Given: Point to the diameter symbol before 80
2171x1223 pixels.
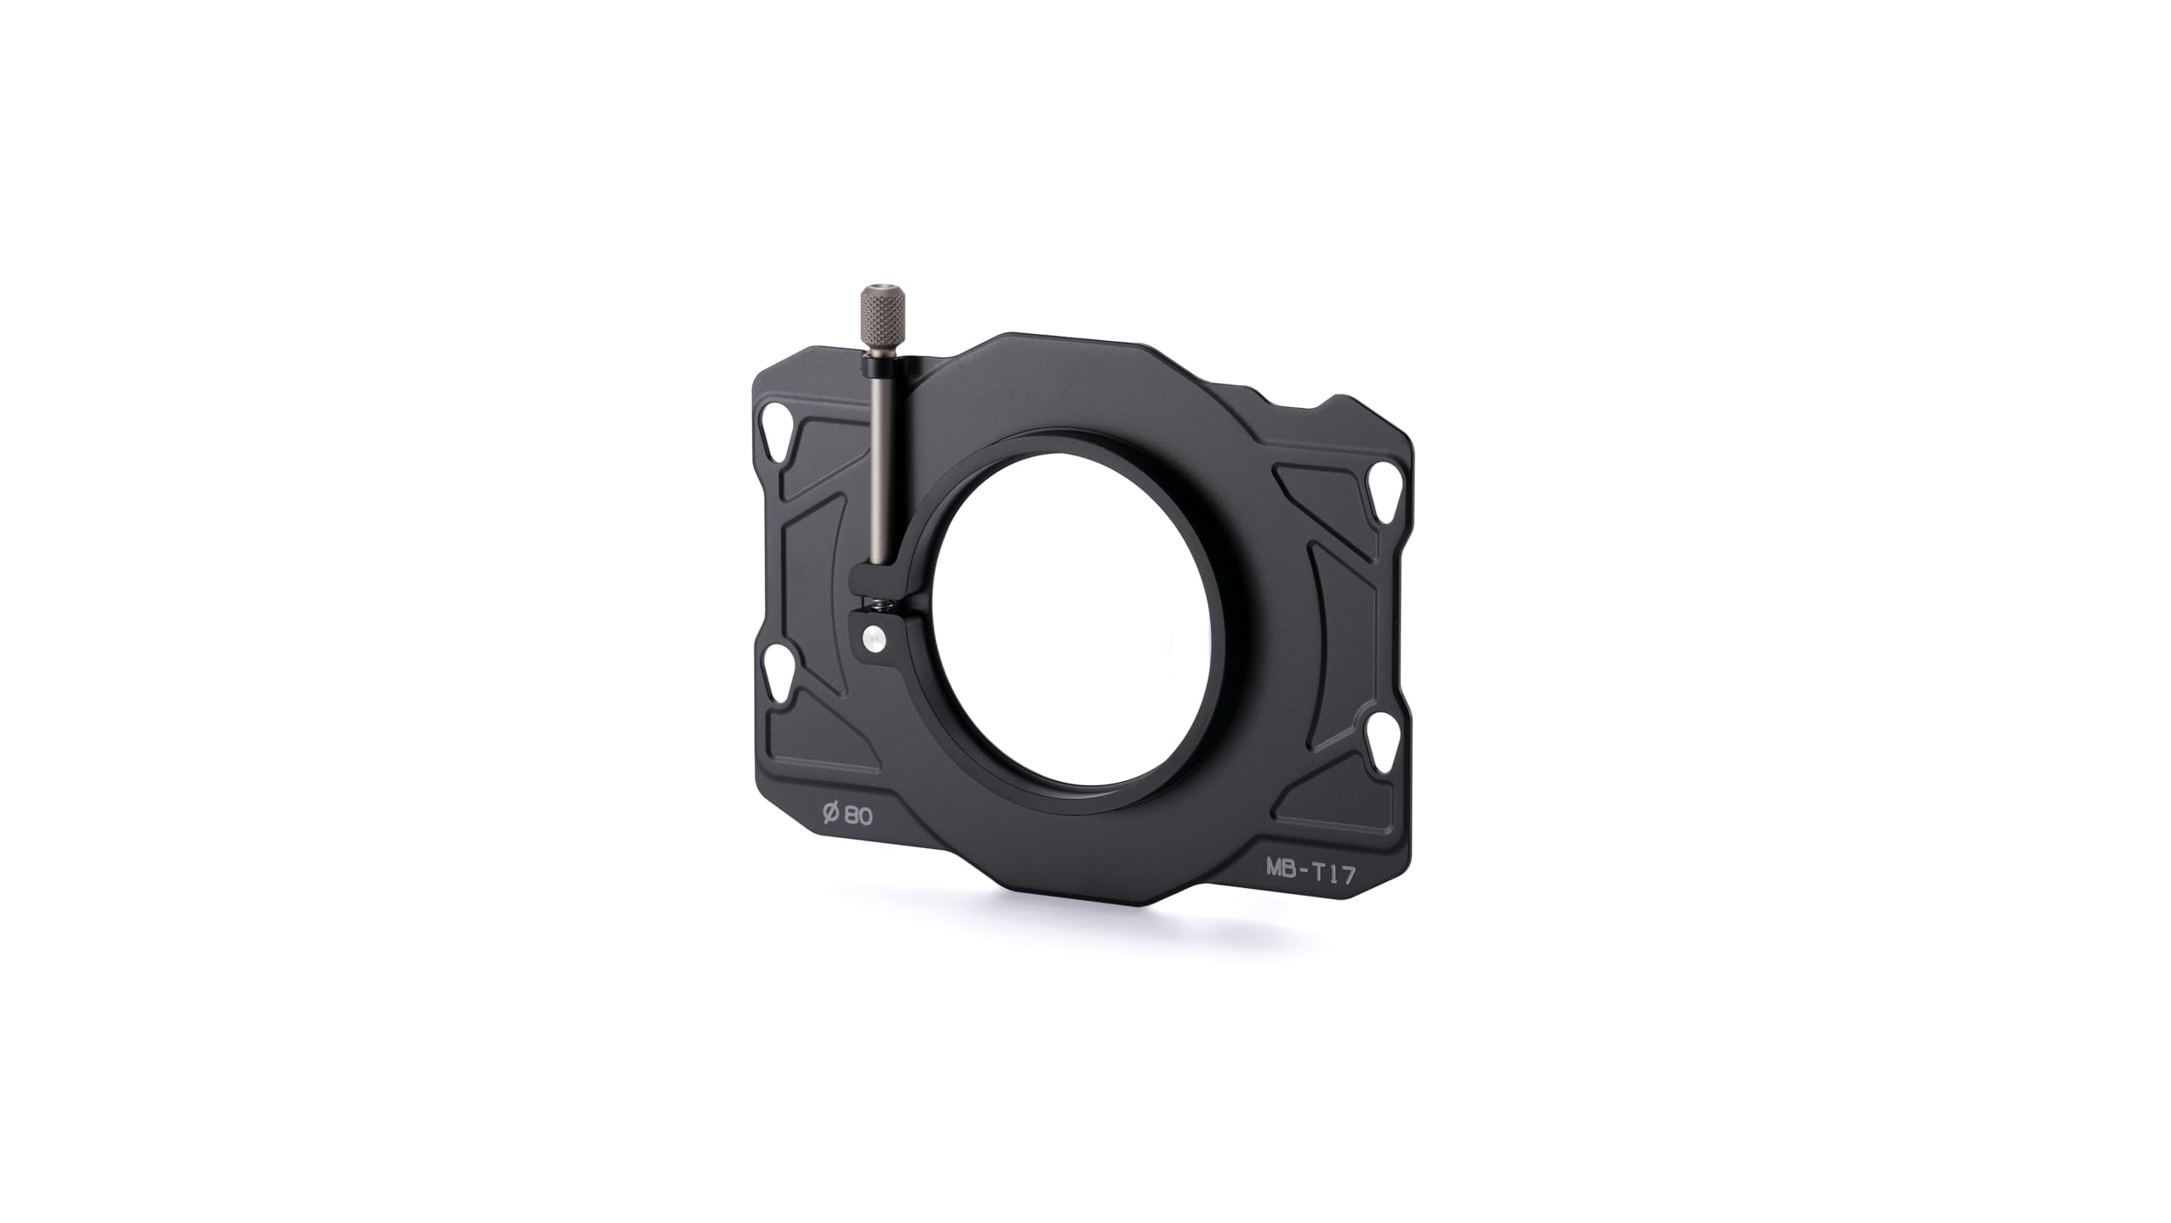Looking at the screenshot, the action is pyautogui.click(x=831, y=812).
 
